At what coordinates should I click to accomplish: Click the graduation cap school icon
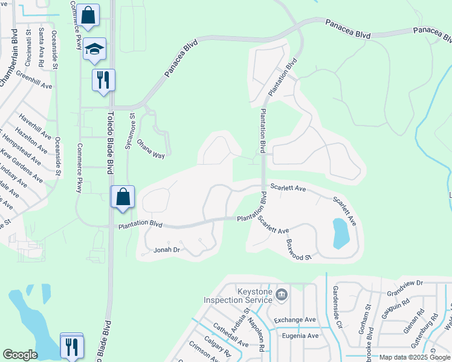[94, 49]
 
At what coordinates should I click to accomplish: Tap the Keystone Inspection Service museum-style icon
[281, 295]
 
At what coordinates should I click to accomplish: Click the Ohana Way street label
[150, 150]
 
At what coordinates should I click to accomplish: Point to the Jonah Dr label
[167, 250]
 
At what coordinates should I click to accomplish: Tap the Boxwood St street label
[299, 249]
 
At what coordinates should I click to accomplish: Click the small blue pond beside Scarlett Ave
[341, 233]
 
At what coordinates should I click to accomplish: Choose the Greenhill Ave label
[34, 82]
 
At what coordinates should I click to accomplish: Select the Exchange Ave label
[295, 320]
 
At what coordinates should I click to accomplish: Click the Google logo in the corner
[21, 355]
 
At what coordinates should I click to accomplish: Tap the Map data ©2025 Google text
[415, 357]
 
